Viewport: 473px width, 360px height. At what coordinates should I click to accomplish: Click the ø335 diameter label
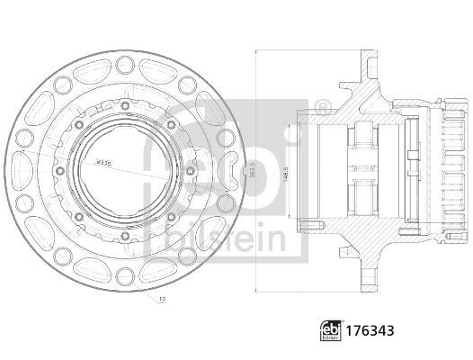(x=105, y=163)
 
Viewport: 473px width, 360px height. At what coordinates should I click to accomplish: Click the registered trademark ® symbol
(x=322, y=108)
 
